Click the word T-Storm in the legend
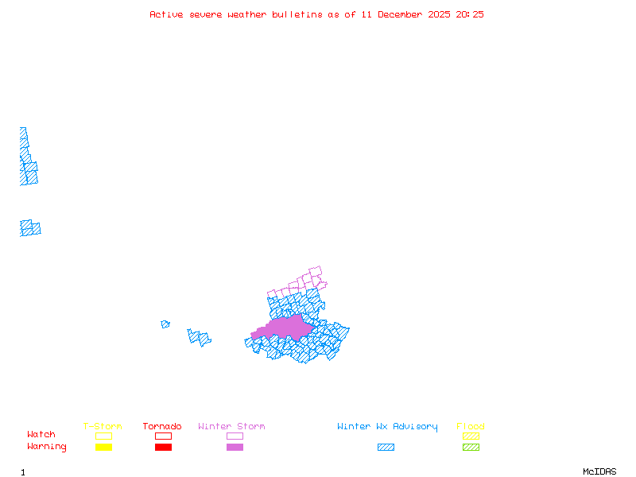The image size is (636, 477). tap(103, 426)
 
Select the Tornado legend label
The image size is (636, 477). tap(162, 426)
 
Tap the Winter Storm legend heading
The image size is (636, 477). tap(231, 426)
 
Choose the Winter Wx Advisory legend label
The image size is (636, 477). tap(387, 426)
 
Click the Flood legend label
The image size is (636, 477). tap(471, 426)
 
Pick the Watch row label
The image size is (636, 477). tap(41, 435)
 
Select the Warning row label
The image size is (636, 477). tap(47, 447)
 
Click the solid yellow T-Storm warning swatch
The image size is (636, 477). tap(103, 448)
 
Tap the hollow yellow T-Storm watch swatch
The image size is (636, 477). tap(103, 436)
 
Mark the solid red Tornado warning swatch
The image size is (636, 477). tap(163, 448)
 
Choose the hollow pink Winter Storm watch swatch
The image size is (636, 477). tap(235, 436)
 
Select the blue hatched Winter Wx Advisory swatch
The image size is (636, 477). tap(386, 448)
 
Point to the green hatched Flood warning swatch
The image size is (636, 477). tap(471, 448)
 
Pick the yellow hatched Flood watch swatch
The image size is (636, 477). tap(471, 436)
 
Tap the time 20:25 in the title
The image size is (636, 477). tap(470, 14)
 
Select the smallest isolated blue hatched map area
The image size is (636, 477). tap(165, 324)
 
